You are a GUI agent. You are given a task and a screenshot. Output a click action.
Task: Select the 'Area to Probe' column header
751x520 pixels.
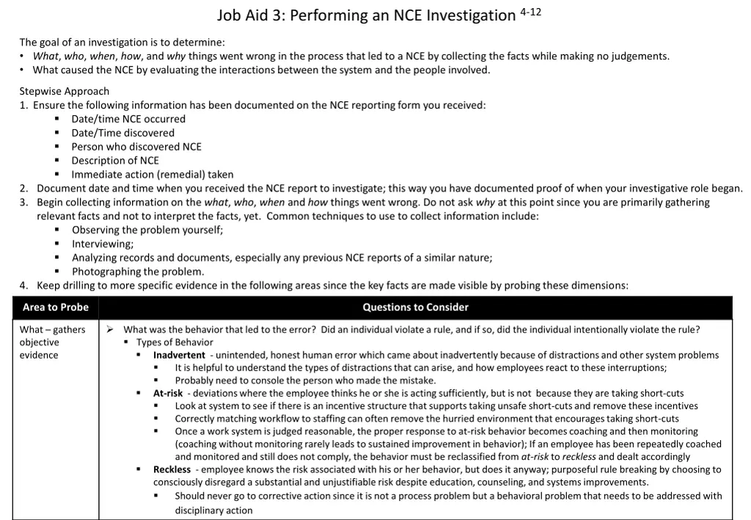point(55,307)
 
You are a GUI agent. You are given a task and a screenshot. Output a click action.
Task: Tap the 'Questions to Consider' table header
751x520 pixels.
point(415,307)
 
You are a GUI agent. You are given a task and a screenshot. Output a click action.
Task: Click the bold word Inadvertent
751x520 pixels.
point(179,355)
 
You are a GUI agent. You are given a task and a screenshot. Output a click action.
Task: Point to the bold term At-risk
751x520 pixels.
point(168,393)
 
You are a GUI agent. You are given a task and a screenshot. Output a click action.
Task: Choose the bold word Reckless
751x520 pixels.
point(172,469)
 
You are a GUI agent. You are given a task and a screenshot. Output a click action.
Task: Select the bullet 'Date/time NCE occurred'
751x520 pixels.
point(128,119)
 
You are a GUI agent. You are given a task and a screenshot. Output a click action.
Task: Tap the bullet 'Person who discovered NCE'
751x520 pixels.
point(136,147)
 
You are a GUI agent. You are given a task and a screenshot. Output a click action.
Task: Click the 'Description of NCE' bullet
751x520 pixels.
point(115,161)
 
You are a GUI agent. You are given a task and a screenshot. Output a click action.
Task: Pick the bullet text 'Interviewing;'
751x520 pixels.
point(103,244)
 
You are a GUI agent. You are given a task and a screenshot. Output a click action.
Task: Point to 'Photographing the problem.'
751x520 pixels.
point(138,271)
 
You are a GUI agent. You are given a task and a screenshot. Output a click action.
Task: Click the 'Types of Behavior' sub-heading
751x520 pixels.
point(175,343)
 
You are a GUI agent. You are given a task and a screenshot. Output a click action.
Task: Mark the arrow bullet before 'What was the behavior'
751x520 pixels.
point(109,329)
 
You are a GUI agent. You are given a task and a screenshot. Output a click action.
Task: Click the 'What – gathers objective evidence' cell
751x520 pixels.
point(51,343)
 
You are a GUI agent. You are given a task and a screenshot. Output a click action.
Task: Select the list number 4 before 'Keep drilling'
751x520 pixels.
point(23,285)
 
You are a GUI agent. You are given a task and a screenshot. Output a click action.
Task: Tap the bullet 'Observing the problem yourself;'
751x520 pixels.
point(147,230)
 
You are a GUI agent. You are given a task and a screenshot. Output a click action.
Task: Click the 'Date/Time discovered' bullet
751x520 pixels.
point(122,133)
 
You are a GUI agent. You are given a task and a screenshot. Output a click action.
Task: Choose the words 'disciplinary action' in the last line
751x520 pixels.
point(213,510)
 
